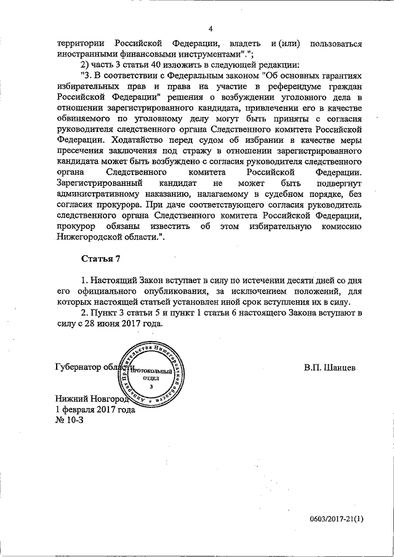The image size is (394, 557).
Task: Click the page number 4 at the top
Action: (x=210, y=29)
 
